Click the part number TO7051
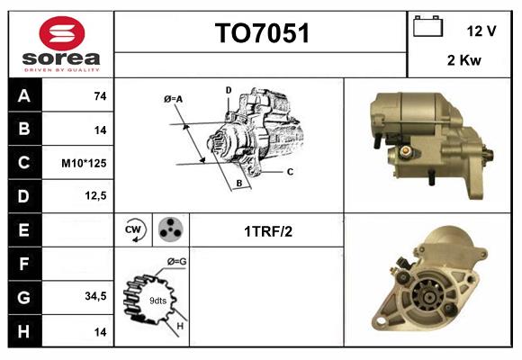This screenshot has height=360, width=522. pos(261,34)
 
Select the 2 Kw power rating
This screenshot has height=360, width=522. pos(463,61)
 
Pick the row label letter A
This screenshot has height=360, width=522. pos(23,96)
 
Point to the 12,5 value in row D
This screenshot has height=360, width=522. pos(96,195)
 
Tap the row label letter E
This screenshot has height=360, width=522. pos(23,230)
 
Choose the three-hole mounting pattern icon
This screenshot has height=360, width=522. pos(170,229)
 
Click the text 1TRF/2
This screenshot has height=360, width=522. pos(267,230)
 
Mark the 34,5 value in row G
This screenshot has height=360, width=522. pos(95,295)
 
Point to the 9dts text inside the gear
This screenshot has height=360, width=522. pos(157,300)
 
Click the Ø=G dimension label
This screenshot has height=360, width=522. pos(176,262)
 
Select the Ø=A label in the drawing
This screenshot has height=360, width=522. pos(173,98)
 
